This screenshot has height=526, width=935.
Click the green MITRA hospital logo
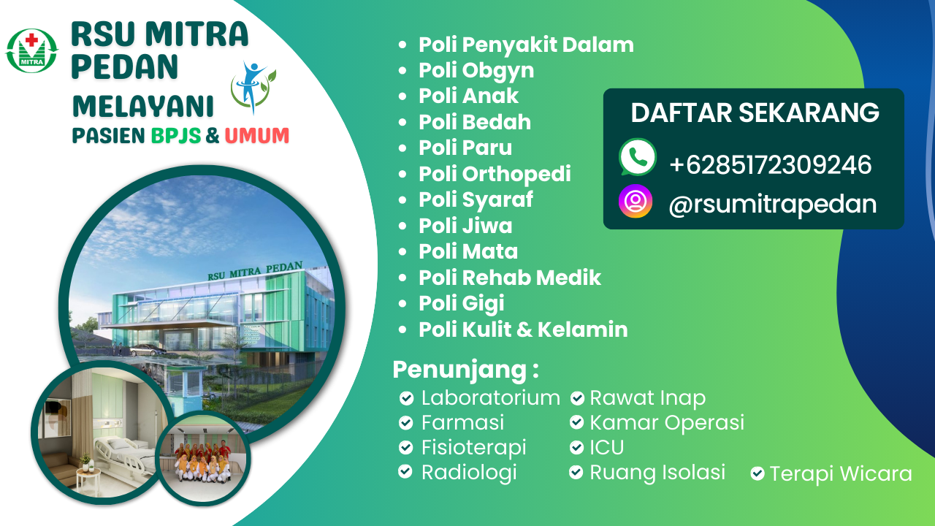coord(31,50)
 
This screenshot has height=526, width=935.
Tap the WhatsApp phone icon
coord(638,157)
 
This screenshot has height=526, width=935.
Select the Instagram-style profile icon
coord(636,201)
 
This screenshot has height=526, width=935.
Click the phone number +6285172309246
coord(770,164)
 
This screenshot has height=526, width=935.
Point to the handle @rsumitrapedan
coord(773,205)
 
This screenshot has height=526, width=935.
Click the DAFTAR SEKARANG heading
coord(755,113)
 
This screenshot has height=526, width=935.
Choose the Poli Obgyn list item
coord(476,71)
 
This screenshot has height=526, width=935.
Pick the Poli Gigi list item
coord(461,303)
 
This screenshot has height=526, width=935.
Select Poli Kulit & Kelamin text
coord(523,329)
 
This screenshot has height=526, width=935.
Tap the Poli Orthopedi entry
coord(495,174)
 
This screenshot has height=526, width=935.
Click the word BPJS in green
coord(176,136)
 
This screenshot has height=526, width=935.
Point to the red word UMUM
coord(256,136)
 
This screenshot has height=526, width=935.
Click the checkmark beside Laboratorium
coord(406,398)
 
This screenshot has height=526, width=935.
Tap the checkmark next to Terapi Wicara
coord(757,473)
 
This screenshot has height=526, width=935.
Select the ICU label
coord(606,448)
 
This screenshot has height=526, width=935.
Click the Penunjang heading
coord(465,370)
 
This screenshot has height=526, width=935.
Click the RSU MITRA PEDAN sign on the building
coord(255,271)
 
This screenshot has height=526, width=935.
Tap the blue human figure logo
coord(252,86)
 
